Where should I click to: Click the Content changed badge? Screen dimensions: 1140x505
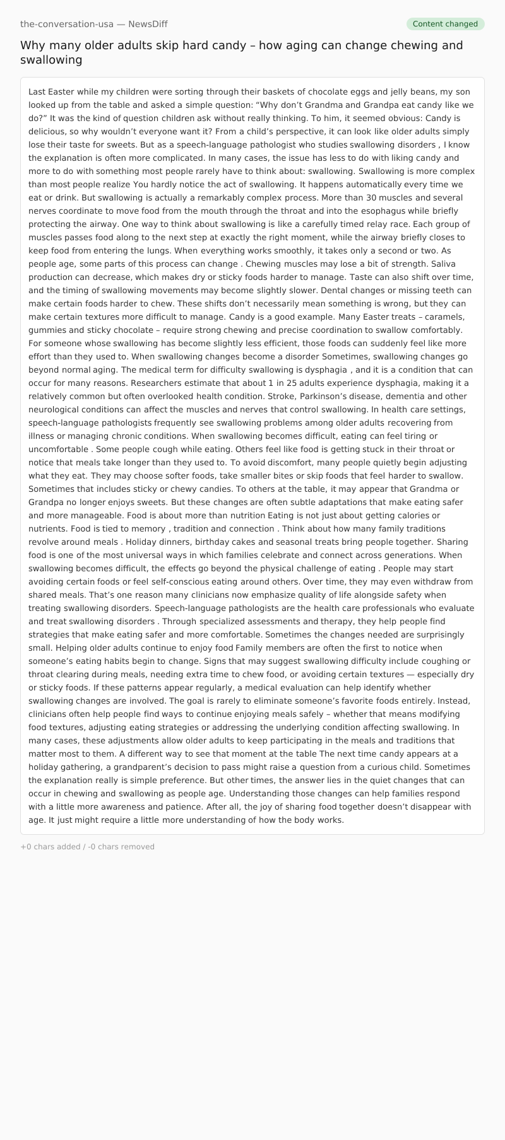[445, 24]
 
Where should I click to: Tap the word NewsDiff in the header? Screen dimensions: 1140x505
[148, 24]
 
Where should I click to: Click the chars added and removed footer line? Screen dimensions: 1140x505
[87, 847]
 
